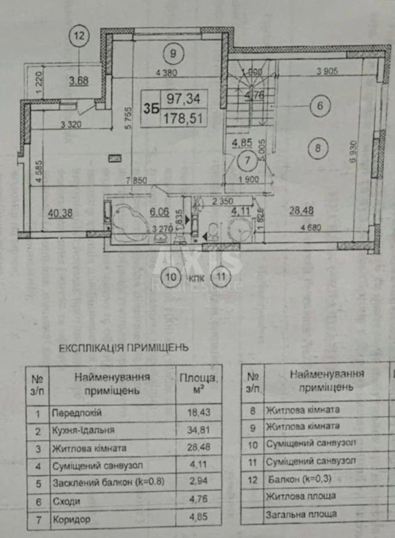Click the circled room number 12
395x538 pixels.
(79, 36)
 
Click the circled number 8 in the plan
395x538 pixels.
(317, 148)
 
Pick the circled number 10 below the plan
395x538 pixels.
(172, 276)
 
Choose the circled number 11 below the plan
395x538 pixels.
(220, 276)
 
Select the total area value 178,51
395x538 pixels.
(184, 118)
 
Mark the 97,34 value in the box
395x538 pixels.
(184, 99)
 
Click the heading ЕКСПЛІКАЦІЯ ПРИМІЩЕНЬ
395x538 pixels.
(124, 347)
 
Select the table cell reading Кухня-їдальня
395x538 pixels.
(83, 430)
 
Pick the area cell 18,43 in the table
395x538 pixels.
(199, 412)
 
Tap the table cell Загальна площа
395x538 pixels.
(301, 514)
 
